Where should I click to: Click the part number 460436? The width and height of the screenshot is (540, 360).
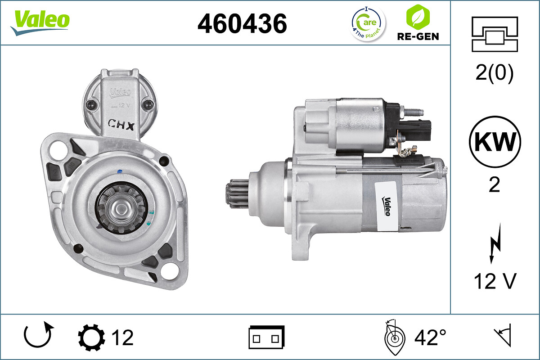pos(242,23)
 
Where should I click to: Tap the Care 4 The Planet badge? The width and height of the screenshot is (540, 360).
pos(368,23)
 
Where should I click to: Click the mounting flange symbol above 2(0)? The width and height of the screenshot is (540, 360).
pos(495,34)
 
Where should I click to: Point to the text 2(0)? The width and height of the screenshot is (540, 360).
pos(495,73)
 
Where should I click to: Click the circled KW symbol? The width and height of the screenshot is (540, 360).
pos(495,142)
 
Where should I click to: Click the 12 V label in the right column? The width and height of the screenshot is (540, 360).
pos(495,281)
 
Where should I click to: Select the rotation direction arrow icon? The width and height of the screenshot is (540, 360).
pos(38,336)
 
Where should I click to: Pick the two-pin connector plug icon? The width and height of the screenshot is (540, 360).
pos(266,337)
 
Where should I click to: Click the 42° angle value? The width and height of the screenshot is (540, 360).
pos(430,337)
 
